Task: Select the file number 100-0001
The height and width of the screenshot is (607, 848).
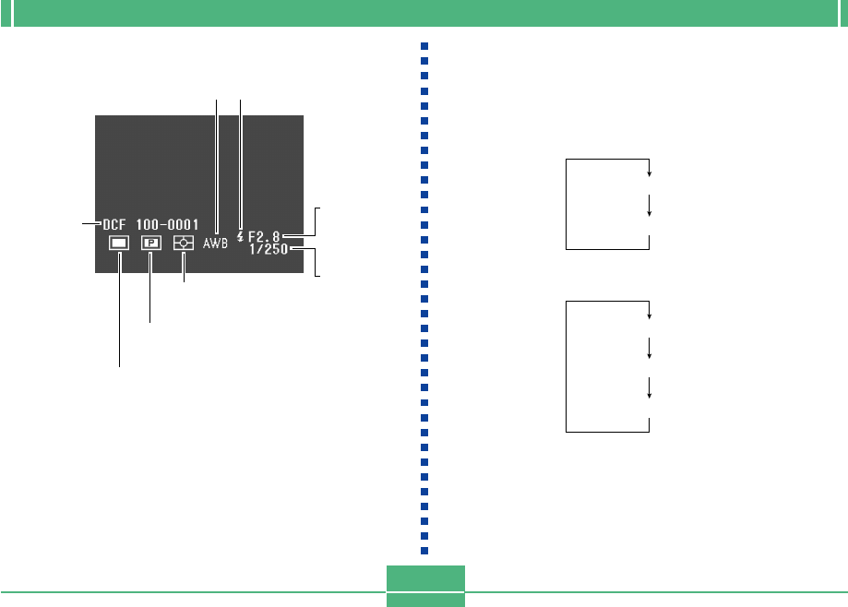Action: tap(167, 223)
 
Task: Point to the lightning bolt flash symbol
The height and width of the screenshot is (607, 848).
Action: tap(241, 235)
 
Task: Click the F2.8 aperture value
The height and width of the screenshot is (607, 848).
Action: tap(265, 236)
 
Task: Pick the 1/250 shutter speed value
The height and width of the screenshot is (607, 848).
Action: tap(269, 249)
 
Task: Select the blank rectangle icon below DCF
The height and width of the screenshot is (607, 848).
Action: tap(119, 243)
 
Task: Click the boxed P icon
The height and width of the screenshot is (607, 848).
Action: tap(151, 243)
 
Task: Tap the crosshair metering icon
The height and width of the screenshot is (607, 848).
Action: tap(184, 243)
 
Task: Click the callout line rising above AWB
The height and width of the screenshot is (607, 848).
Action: tap(217, 157)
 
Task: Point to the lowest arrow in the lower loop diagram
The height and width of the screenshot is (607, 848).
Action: tap(651, 388)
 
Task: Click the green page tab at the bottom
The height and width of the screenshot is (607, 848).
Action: tap(425, 586)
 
